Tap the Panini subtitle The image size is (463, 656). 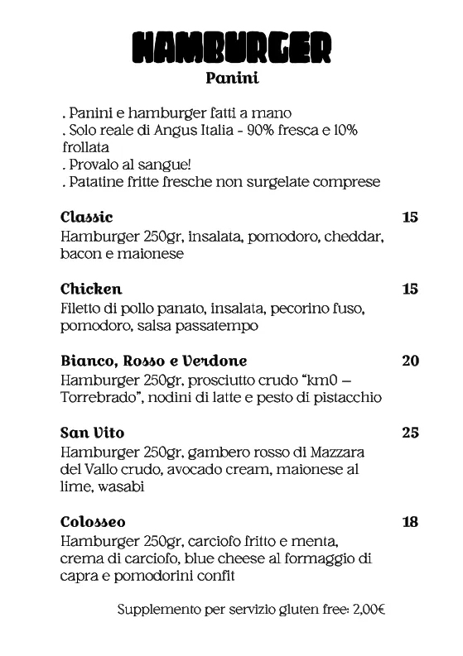click(232, 79)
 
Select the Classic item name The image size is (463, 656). click(86, 218)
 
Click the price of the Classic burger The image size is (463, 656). click(409, 218)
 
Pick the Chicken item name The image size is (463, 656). click(91, 289)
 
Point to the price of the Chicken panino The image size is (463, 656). click(409, 289)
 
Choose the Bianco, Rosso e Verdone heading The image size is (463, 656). click(154, 361)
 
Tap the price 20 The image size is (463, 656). click(409, 361)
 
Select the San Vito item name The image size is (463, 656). click(93, 433)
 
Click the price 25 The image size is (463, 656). click(409, 433)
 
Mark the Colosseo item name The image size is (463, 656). click(93, 522)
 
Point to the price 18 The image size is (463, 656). click(409, 522)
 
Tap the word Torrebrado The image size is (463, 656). click(98, 398)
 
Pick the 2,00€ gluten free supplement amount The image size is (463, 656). click(369, 610)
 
